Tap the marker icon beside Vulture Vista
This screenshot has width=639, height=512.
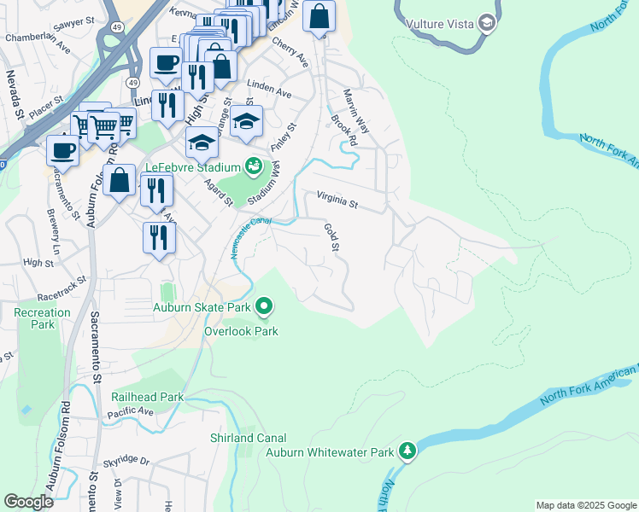[x=487, y=22]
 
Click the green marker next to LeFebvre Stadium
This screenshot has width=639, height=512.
[x=253, y=166]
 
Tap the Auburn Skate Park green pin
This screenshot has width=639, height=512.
[x=265, y=305]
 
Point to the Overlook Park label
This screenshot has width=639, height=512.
[x=241, y=331]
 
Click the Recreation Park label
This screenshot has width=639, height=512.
[x=42, y=319]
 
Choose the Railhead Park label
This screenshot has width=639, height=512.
[x=147, y=397]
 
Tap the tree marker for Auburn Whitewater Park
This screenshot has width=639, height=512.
[x=408, y=451]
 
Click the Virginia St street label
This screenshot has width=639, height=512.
[x=337, y=201]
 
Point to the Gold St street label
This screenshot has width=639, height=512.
[x=331, y=237]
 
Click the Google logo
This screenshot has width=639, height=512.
[x=28, y=502]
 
